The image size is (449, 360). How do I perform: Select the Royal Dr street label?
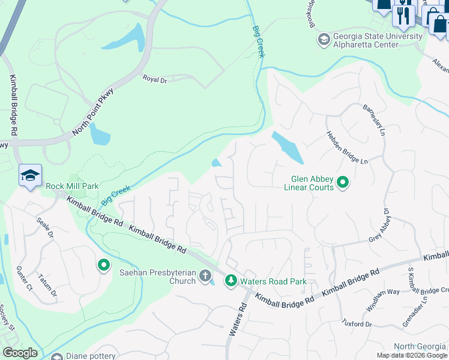pos(154,78)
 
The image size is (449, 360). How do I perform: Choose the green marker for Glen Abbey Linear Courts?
pos(343,182)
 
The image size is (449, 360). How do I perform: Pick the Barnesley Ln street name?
pos(373,119)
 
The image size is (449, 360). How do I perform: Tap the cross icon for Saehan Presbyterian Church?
pos(205,276)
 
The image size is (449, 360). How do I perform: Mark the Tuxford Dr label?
pos(357,324)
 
